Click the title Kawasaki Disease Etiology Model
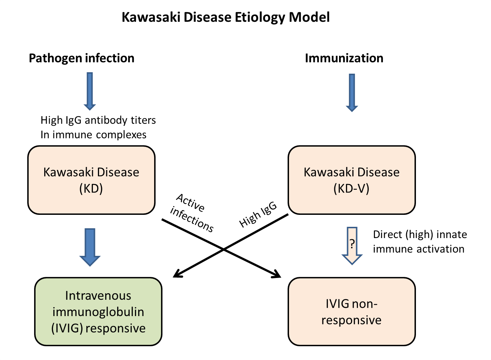[x=226, y=17]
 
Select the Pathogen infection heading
[x=82, y=58]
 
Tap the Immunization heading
[x=344, y=58]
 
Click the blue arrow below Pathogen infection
[x=90, y=91]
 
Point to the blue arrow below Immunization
[x=352, y=93]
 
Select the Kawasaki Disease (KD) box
[x=91, y=180]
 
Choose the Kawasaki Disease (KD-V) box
[x=352, y=180]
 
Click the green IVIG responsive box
[x=98, y=312]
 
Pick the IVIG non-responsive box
[x=352, y=312]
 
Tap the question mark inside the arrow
[x=352, y=244]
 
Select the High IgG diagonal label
[x=258, y=214]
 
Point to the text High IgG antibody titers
[x=98, y=120]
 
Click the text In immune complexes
[x=94, y=135]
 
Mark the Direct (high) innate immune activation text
[x=420, y=242]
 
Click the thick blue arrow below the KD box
[x=90, y=247]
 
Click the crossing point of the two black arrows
[x=224, y=249]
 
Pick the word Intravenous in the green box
[x=98, y=295]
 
